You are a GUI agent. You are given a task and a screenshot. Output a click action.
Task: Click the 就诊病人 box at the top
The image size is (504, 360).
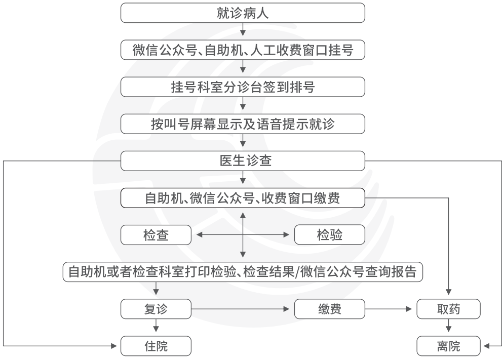click(243, 13)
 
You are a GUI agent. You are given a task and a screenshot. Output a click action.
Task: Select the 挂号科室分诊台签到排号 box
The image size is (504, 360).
click(243, 87)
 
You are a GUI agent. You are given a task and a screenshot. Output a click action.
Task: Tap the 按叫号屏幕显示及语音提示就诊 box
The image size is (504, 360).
click(243, 124)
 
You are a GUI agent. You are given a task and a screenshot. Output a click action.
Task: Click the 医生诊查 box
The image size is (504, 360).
click(243, 161)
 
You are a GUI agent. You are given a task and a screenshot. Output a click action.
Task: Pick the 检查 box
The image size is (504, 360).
click(156, 235)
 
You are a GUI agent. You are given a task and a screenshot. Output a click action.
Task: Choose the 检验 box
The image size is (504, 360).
click(330, 235)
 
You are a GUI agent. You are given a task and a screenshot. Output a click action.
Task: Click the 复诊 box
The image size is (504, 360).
click(156, 309)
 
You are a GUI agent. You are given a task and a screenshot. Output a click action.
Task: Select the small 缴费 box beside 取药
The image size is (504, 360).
click(330, 309)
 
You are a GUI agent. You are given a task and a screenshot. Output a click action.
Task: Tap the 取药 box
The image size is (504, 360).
click(449, 309)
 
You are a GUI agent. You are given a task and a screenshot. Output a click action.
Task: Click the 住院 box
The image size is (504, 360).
click(156, 346)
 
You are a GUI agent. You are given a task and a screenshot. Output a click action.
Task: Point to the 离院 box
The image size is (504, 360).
click(449, 346)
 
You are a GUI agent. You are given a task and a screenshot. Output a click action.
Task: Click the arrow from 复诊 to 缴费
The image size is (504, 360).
click(241, 309)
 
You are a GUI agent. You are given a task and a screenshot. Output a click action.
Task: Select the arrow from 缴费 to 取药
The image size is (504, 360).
click(389, 309)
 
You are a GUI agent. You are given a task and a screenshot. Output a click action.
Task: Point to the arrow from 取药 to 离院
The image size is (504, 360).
click(449, 325)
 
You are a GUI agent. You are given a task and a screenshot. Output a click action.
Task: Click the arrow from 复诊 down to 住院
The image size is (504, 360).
click(156, 325)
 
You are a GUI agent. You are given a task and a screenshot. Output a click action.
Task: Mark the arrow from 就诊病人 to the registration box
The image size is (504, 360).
click(243, 29)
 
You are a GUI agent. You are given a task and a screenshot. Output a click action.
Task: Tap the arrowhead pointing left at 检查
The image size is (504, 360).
click(199, 235)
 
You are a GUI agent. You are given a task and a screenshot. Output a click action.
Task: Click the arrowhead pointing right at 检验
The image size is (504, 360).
click(286, 235)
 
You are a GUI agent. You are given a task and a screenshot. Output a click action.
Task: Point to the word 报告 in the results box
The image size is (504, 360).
click(404, 272)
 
